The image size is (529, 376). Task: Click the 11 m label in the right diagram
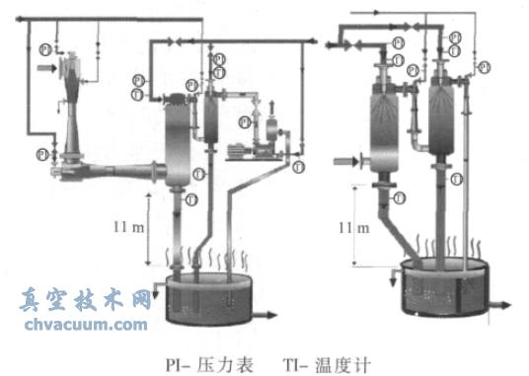352,228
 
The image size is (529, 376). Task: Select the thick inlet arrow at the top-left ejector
46,68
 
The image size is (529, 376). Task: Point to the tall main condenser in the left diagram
178,138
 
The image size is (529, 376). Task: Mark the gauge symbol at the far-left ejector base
41,154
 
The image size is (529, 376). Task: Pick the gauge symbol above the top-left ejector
44,47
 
